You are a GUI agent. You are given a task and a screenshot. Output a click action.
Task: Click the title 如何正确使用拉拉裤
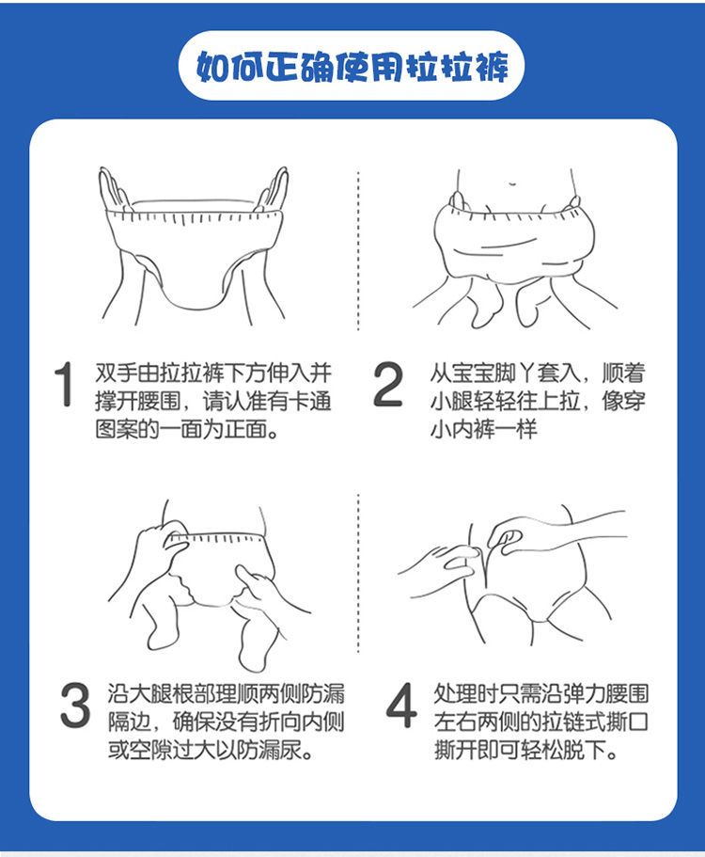(352, 67)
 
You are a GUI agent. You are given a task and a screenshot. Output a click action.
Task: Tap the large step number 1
(64, 384)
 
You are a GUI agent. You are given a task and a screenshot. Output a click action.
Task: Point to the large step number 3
(75, 706)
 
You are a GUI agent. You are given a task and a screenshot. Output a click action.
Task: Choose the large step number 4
(400, 706)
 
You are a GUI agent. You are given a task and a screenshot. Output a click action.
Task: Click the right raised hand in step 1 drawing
(272, 189)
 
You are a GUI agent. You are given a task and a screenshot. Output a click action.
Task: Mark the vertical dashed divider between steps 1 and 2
(358, 250)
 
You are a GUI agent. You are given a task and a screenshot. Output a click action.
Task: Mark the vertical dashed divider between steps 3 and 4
(358, 573)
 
